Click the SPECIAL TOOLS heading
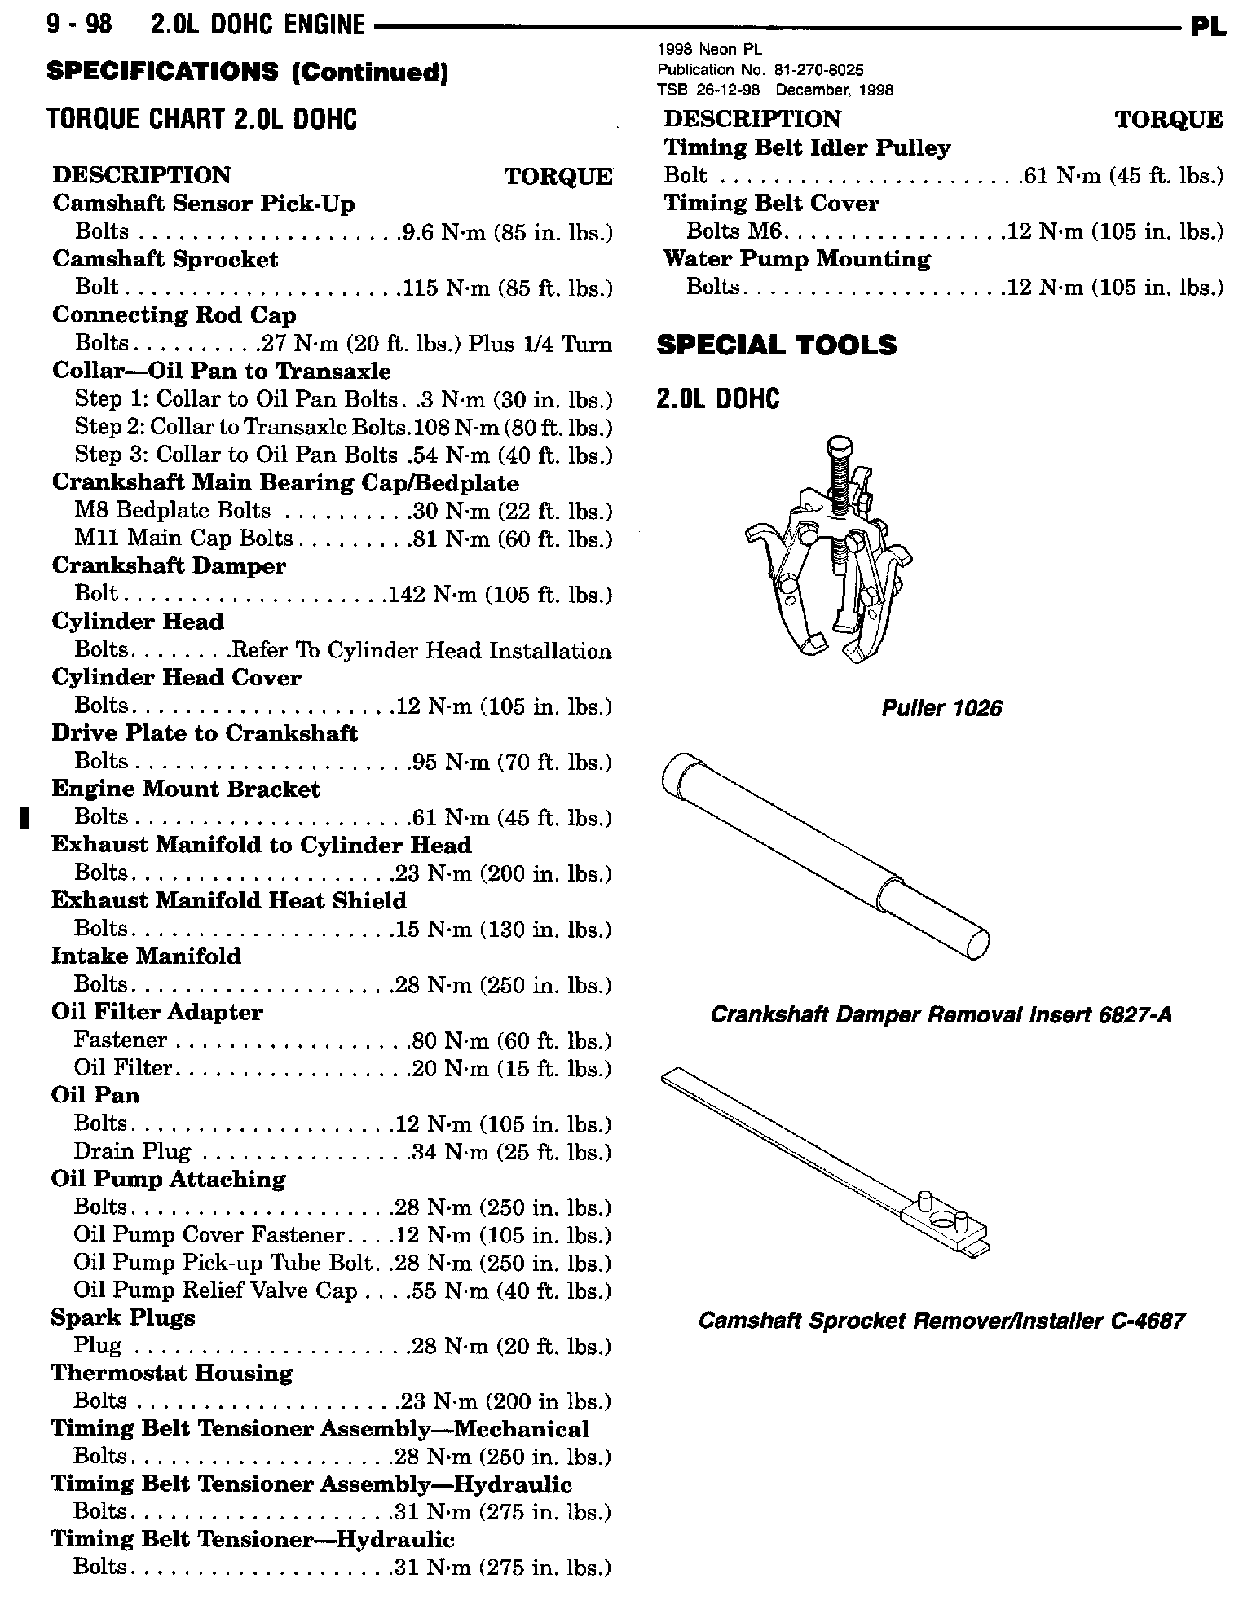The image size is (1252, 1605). (776, 345)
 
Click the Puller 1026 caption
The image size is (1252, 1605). (941, 708)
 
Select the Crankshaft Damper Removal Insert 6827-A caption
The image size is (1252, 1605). (941, 1014)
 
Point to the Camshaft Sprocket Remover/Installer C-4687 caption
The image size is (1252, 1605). (941, 1321)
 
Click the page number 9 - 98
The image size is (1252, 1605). (80, 26)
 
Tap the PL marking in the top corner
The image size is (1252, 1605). (1208, 27)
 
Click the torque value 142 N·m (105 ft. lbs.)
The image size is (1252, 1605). (500, 595)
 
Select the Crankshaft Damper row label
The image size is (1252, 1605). (169, 566)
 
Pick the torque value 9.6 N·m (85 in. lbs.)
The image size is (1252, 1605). (505, 233)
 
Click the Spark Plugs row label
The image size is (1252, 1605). (123, 1317)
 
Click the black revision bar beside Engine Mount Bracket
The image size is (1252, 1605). (25, 816)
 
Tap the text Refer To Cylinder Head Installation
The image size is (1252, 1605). (421, 651)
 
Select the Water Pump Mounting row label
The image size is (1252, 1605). (796, 259)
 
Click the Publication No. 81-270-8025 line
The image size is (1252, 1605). (760, 70)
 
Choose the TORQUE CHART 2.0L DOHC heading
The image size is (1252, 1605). (202, 120)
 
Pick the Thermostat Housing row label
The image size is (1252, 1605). (171, 1373)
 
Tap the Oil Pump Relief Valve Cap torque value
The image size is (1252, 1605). (511, 1291)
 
